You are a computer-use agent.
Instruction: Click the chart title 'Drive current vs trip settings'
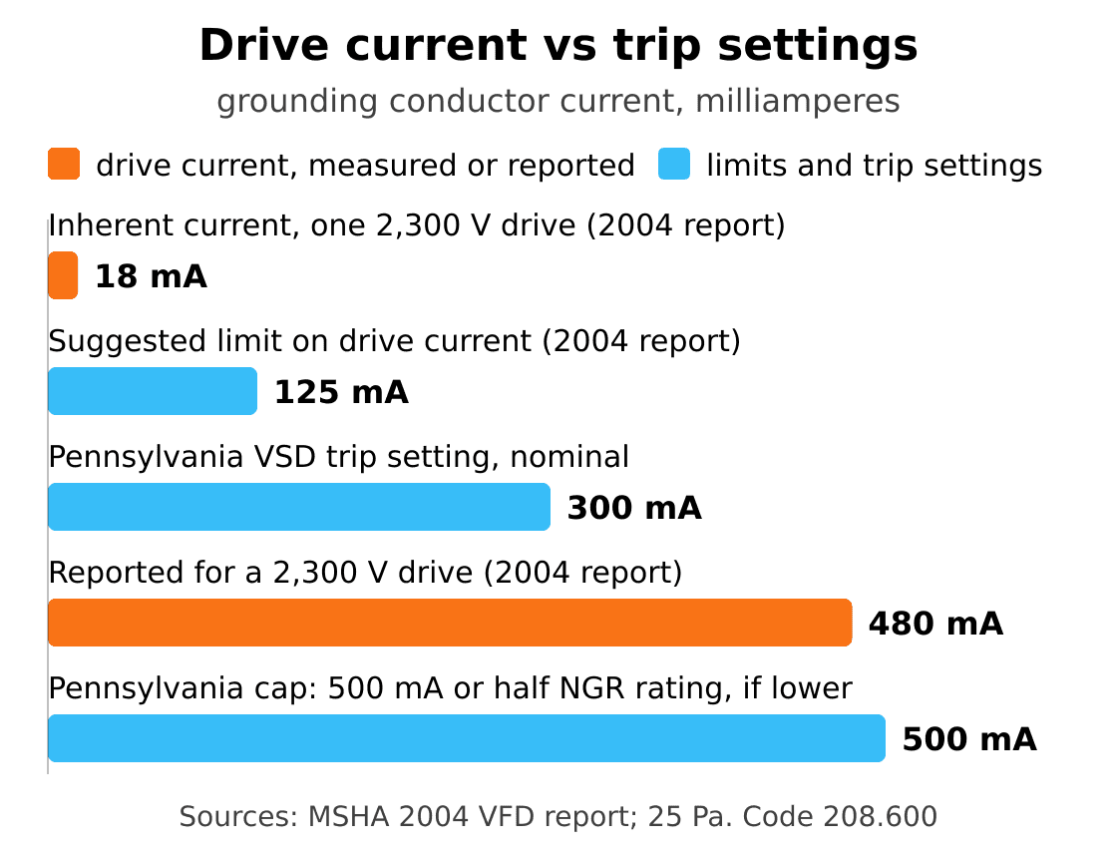coord(558,46)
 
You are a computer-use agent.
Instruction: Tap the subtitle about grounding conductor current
coord(558,101)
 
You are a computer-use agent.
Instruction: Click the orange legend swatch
coord(64,164)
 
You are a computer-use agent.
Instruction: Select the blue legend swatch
coord(674,164)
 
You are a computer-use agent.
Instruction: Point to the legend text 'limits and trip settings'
coord(874,166)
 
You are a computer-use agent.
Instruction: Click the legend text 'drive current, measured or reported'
coord(365,166)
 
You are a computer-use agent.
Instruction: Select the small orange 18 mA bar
coord(64,275)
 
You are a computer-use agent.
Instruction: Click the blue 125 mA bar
coord(153,391)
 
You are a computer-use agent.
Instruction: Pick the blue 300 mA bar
coord(299,507)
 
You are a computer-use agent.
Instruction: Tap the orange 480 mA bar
coord(450,623)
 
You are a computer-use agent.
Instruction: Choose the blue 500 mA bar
coord(467,738)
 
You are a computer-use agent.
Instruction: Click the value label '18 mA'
coord(151,276)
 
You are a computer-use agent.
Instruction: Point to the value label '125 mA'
coord(341,392)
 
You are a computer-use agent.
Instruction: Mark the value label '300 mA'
coord(634,508)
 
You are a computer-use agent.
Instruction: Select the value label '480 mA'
coord(935,624)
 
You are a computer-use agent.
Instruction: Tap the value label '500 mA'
coord(968,739)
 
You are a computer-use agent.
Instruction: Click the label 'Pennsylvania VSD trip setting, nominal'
coord(339,458)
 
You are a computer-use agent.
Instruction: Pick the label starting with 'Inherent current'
coord(417,225)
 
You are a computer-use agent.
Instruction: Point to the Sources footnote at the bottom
coord(558,817)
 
